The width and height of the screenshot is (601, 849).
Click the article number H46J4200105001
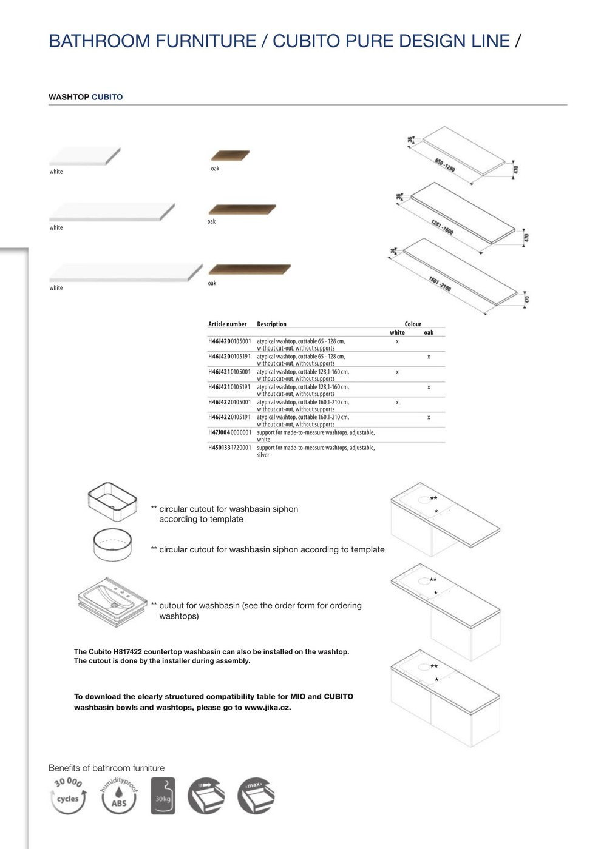229,341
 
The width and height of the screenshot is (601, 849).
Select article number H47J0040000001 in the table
229,432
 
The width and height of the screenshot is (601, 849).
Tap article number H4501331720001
229,448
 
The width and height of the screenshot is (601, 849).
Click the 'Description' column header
271,324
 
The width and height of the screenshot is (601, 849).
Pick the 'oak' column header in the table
429,332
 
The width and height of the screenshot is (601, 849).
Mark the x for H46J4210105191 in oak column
429,387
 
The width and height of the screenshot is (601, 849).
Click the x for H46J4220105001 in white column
397,402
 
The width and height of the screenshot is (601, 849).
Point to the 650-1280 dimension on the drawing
444,164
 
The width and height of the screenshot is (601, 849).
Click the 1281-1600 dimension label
442,227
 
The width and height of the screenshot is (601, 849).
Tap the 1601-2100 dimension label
440,283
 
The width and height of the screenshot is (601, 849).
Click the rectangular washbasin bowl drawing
114,502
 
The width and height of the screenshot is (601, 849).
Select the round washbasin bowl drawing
113,545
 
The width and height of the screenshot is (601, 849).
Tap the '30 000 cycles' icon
67,796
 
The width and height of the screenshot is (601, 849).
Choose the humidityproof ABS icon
119,796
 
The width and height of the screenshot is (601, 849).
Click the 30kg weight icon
163,796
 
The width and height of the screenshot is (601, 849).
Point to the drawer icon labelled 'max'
256,796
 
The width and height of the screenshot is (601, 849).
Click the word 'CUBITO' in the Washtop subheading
107,97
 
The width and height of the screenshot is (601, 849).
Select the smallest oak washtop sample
230,155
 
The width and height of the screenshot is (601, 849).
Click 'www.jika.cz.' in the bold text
268,707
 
